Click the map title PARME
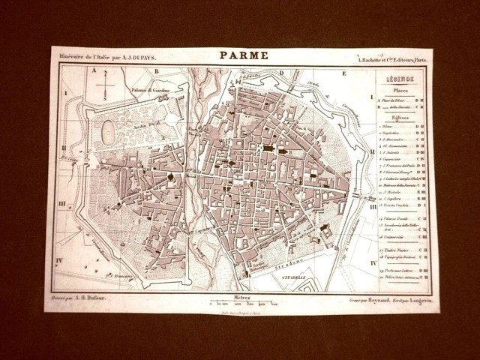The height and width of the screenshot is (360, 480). tap(240, 55)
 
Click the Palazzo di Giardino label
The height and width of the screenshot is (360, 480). tap(149, 91)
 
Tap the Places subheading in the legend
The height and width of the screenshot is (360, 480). tap(397, 91)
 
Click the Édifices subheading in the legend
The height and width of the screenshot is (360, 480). tap(398, 118)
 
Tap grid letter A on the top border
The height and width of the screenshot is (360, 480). tap(94, 71)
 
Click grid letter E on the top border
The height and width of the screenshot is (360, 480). tap(344, 73)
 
